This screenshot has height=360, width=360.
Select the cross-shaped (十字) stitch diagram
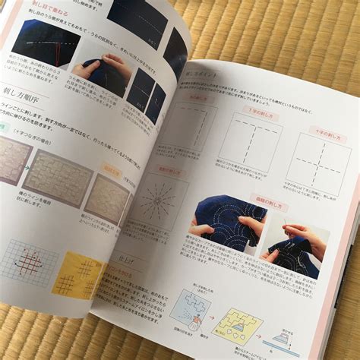click(x=317, y=162)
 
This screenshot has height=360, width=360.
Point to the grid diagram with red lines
click(x=26, y=262)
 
